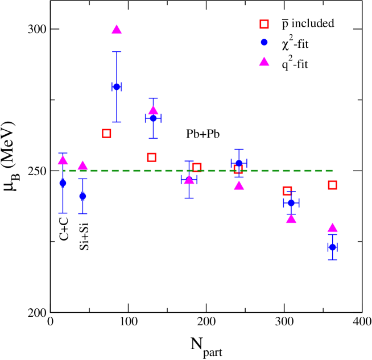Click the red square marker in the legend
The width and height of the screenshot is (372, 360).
(x=264, y=24)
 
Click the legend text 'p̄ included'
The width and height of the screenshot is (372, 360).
(x=308, y=24)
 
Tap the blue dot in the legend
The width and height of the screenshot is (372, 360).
(x=264, y=43)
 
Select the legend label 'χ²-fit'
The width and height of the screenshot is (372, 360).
(x=295, y=44)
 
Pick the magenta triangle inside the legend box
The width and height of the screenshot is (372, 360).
(x=264, y=62)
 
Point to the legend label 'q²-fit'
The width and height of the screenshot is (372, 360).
(x=295, y=64)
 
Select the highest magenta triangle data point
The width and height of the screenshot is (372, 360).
(x=117, y=30)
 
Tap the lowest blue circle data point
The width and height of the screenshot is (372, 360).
(x=332, y=247)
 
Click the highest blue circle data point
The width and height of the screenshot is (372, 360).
(x=117, y=87)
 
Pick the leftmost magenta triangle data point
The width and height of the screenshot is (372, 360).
(x=63, y=160)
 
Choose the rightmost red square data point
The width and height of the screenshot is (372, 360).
(x=332, y=185)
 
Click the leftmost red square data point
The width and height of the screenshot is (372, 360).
(x=106, y=133)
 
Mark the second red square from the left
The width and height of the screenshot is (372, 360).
(x=151, y=157)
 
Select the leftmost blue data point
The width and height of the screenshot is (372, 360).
(x=63, y=183)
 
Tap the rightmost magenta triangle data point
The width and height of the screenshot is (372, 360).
(x=332, y=227)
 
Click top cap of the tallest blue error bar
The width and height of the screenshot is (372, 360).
(x=117, y=52)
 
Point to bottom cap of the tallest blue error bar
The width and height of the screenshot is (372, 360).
(x=117, y=122)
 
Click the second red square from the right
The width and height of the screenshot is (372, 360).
(x=287, y=191)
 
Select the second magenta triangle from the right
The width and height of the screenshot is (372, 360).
(x=291, y=219)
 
